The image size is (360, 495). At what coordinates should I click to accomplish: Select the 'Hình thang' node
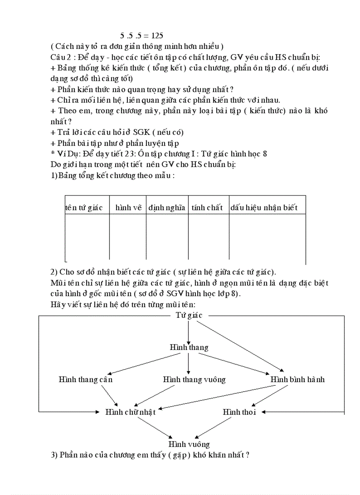tap(189, 348)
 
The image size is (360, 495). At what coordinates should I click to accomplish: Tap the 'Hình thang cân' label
tap(86, 379)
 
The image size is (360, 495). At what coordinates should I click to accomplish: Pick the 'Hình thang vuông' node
tap(194, 379)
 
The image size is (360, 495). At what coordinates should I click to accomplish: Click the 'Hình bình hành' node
tap(297, 379)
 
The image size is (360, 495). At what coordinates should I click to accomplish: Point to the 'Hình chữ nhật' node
tap(130, 412)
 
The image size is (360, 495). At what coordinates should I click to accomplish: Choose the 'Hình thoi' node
tap(239, 412)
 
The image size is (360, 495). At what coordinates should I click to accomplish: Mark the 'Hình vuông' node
tap(189, 444)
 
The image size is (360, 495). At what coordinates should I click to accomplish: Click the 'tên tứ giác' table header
tap(84, 208)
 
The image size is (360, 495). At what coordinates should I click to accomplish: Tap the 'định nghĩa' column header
tap(167, 208)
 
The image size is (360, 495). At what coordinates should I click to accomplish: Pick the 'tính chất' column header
tap(207, 208)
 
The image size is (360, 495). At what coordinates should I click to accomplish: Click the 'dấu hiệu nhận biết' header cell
tap(264, 208)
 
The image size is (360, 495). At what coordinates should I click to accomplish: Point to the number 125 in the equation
tap(157, 35)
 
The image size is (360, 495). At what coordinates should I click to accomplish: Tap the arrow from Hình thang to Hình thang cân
tap(141, 363)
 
